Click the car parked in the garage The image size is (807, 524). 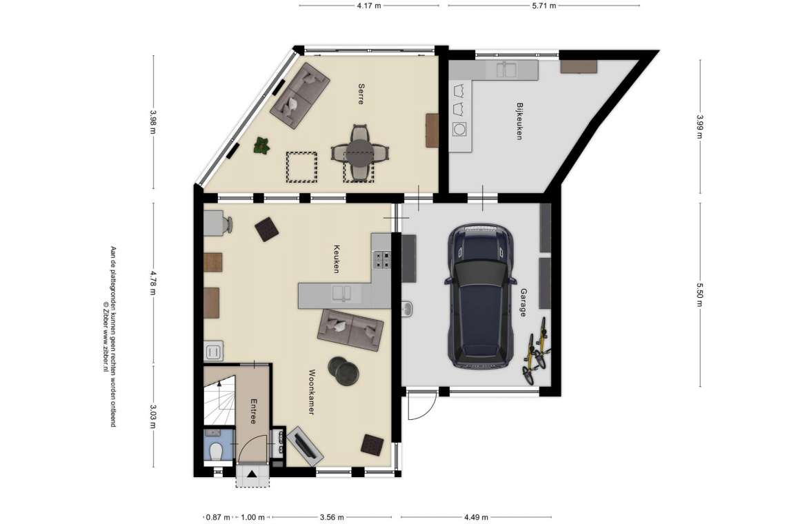tap(480, 296)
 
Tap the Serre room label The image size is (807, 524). tap(361, 94)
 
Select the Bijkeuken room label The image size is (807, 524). tap(519, 121)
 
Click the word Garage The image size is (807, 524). tap(524, 303)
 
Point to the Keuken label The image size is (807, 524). tap(337, 259)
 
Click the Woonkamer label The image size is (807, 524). tap(312, 392)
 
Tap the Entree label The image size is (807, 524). tap(252, 412)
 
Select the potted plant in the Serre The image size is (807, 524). tap(262, 145)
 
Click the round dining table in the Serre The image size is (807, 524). tap(360, 153)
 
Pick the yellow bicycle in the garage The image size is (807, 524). tap(536, 351)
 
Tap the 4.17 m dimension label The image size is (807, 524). tap(369, 6)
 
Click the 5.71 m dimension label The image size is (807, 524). tap(544, 6)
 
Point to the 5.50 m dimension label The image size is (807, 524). tap(699, 294)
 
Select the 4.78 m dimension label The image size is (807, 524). tap(153, 283)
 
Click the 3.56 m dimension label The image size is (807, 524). tap(332, 517)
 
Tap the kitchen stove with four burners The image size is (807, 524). tap(382, 259)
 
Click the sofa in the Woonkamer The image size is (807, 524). tap(350, 330)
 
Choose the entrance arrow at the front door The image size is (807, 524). tap(252, 474)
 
